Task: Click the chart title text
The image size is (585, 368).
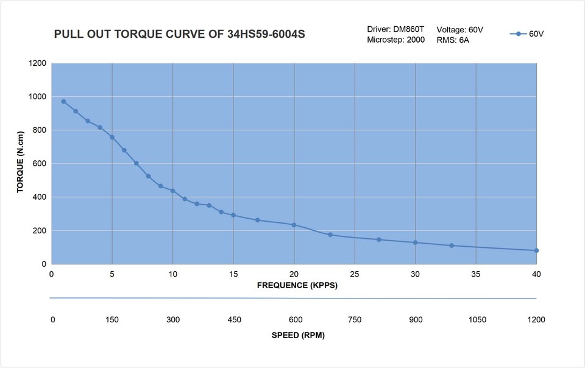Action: click(x=180, y=34)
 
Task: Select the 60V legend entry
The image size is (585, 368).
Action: click(x=528, y=34)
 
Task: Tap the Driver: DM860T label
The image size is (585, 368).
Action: click(x=395, y=29)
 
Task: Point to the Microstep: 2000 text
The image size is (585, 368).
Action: click(x=395, y=40)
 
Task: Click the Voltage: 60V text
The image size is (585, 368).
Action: click(x=460, y=29)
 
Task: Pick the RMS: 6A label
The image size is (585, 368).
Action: click(x=453, y=40)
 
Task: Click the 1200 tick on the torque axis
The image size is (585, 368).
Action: click(x=37, y=63)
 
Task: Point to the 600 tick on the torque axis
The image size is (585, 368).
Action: click(x=40, y=164)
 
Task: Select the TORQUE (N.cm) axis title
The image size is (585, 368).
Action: click(x=20, y=163)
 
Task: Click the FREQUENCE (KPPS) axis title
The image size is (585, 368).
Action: click(x=297, y=286)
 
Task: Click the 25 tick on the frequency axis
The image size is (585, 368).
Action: click(x=355, y=274)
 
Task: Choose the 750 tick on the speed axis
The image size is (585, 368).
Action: click(x=355, y=320)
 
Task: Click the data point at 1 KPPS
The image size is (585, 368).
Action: click(x=63, y=102)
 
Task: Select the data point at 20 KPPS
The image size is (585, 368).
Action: click(x=294, y=225)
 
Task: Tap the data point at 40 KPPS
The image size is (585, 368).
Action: click(x=536, y=250)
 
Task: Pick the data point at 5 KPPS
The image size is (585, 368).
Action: click(x=112, y=137)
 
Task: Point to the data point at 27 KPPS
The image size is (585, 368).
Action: click(x=378, y=239)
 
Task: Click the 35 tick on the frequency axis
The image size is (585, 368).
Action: click(x=476, y=274)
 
